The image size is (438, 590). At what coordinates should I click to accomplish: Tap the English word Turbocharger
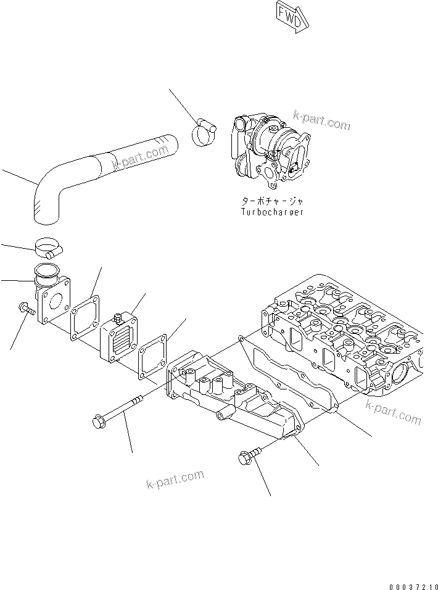[273, 212]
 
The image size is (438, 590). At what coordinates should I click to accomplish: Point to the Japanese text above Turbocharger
[273, 201]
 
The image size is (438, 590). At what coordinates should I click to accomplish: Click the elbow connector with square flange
[52, 296]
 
